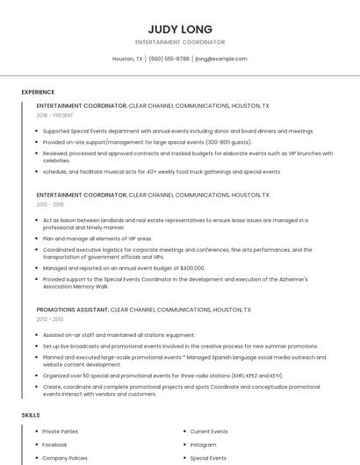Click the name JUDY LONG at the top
180,29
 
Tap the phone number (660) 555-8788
169,59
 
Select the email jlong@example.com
221,59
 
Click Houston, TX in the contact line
127,59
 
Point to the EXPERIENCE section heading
38,92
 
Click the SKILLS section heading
31,414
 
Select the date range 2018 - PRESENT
56,115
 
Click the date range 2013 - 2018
50,204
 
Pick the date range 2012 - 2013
50,319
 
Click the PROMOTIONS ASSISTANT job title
72,310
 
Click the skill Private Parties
60,432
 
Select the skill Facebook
54,445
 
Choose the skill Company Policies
65,458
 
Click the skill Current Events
209,432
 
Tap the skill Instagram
203,445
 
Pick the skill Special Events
208,458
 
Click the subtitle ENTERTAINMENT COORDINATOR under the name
180,42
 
